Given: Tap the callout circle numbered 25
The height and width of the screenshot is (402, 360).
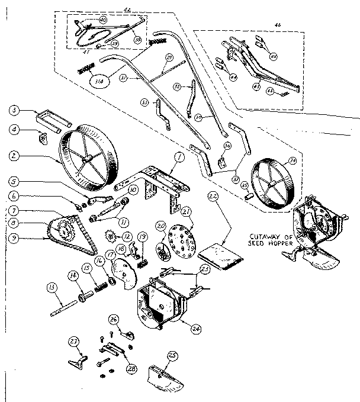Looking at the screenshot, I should tap(173, 355).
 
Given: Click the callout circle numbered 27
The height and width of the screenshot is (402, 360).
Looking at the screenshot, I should tap(74, 342).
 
